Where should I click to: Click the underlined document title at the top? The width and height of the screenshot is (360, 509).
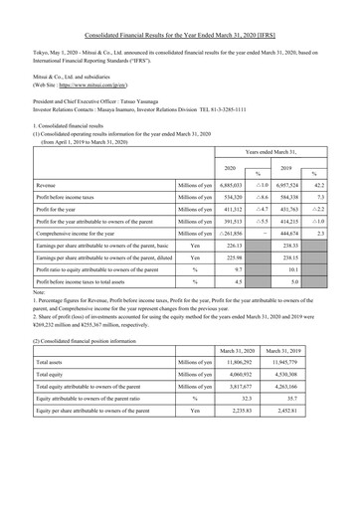coord(180,33)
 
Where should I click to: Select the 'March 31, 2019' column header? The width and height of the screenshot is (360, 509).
coord(309,378)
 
